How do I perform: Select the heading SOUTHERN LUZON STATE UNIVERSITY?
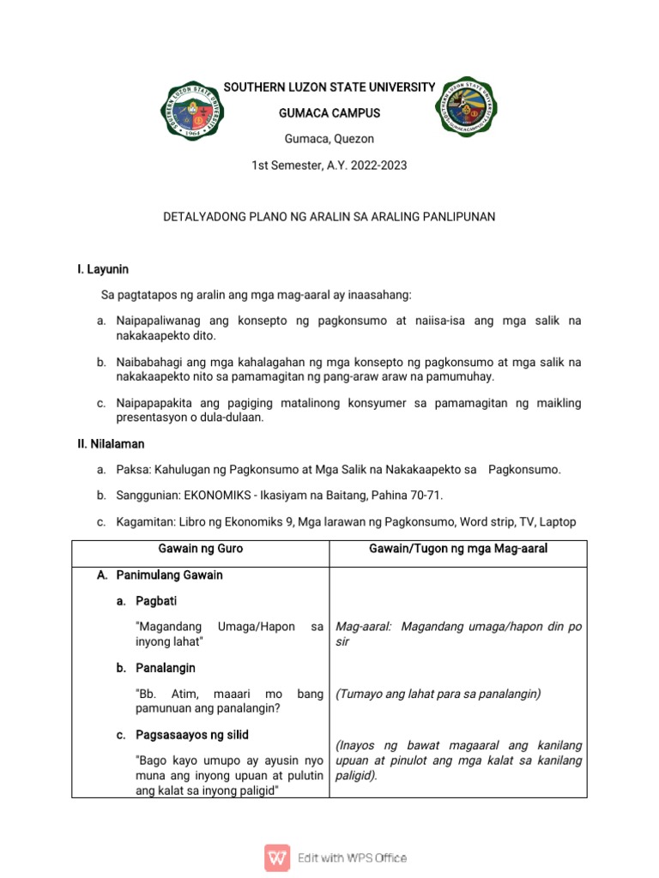click(329, 87)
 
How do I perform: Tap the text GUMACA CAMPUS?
click(329, 113)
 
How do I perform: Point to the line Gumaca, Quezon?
click(329, 139)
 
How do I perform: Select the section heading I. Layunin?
click(102, 269)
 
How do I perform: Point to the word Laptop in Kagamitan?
click(557, 521)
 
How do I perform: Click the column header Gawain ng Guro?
click(200, 549)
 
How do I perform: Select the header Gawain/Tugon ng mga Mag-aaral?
click(458, 549)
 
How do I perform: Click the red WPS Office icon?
click(276, 857)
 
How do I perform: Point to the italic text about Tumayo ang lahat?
click(438, 694)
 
